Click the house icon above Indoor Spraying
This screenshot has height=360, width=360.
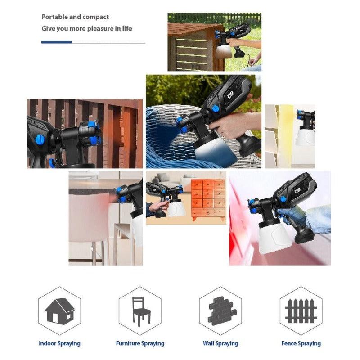click(x=59, y=310)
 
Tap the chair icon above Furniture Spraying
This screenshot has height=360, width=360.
click(x=140, y=311)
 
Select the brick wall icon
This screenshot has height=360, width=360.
click(x=221, y=311)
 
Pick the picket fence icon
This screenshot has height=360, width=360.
click(x=301, y=310)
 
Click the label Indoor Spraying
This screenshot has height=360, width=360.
click(x=59, y=343)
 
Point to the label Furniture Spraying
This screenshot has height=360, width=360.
click(x=140, y=343)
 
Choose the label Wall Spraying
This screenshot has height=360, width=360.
click(x=220, y=343)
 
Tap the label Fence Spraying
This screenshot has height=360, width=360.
click(x=301, y=343)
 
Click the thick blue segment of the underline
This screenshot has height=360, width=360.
click(x=57, y=42)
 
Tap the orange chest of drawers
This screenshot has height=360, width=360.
click(x=208, y=200)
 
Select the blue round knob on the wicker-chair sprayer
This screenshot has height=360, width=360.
click(x=216, y=109)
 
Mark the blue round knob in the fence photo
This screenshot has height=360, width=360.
click(x=40, y=139)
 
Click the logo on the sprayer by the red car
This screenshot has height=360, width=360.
click(x=298, y=190)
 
